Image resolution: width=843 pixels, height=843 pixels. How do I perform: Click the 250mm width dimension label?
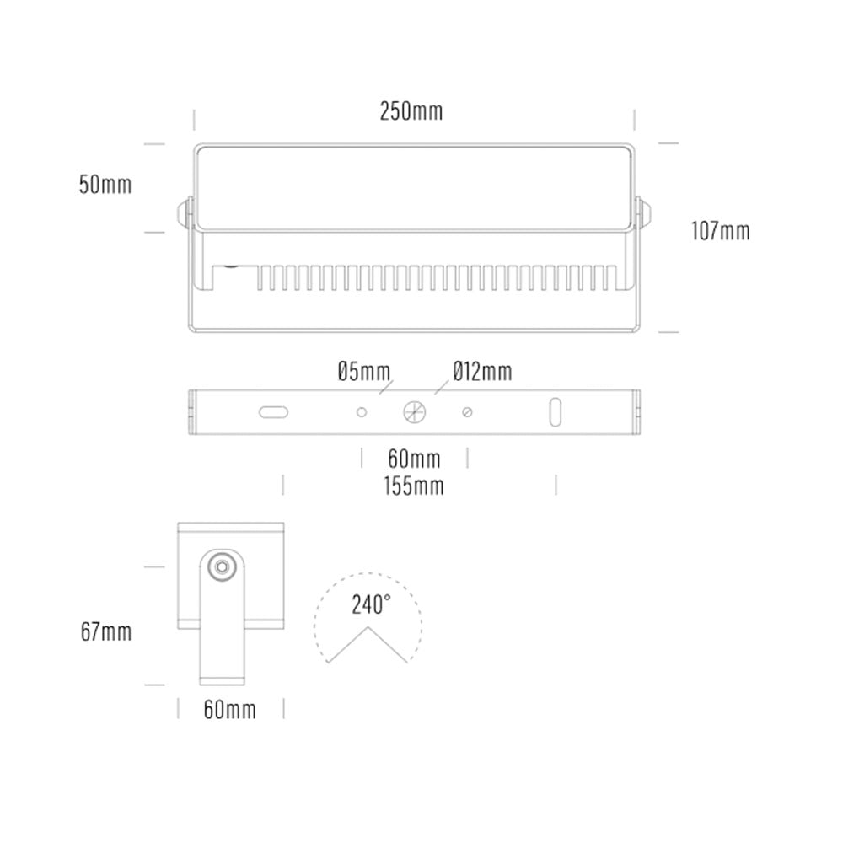coord(411,111)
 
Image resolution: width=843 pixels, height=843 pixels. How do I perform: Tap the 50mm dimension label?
coord(105,185)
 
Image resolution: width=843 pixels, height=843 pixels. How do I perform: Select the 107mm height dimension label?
coord(721,231)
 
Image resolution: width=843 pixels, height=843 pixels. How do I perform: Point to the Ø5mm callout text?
coord(364,372)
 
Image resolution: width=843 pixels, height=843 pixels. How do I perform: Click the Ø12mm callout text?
coord(482,372)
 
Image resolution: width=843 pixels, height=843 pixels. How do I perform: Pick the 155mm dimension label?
coord(414,486)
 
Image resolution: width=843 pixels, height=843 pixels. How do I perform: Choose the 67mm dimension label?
coord(106,631)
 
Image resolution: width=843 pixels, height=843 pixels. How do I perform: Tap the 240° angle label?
coord(371,604)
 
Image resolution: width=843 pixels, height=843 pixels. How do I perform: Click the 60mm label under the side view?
coord(230,710)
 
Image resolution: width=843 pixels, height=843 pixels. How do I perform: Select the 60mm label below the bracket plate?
coord(414,459)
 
